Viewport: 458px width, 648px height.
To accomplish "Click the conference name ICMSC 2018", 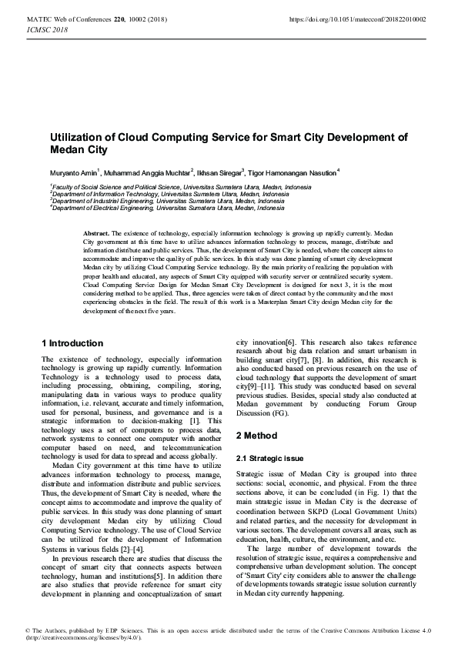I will (x=46, y=29).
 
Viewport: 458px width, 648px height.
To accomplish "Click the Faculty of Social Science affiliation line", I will (x=181, y=187).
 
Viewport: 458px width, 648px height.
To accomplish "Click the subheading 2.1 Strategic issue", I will (x=269, y=458).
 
